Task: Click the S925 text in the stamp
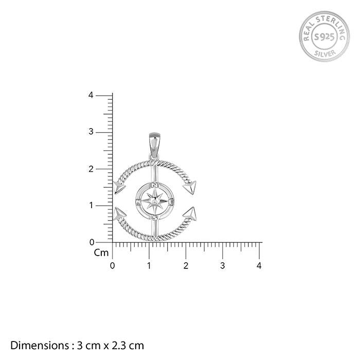point(324,37)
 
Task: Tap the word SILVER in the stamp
point(325,53)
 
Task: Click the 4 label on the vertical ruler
point(91,95)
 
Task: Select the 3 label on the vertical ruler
point(91,132)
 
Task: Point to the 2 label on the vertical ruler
point(91,169)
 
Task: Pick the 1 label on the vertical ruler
point(92,205)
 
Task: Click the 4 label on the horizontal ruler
point(259,266)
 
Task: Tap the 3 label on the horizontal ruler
point(223,266)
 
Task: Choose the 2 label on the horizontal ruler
point(186,266)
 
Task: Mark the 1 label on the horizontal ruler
point(149,266)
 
